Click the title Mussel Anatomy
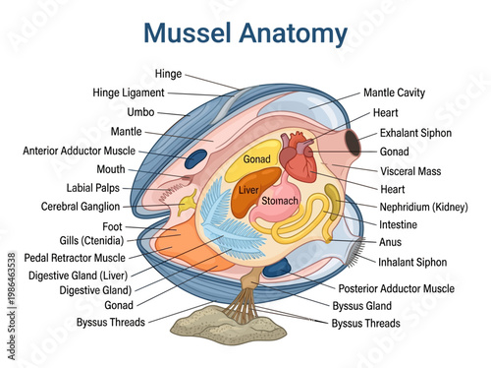coord(245,33)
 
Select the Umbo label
coord(140,112)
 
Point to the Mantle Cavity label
coord(394,92)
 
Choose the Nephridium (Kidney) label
coord(422,207)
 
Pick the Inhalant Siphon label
coord(412,263)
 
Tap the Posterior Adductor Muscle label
coord(396,289)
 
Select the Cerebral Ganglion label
coord(81,208)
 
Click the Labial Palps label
coord(93,188)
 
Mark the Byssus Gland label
coord(363,306)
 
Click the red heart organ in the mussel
coord(298,157)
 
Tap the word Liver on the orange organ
coord(248,189)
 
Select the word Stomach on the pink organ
coord(280,201)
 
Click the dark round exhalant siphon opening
coord(351,142)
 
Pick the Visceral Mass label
coord(410,171)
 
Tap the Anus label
coord(390,241)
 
